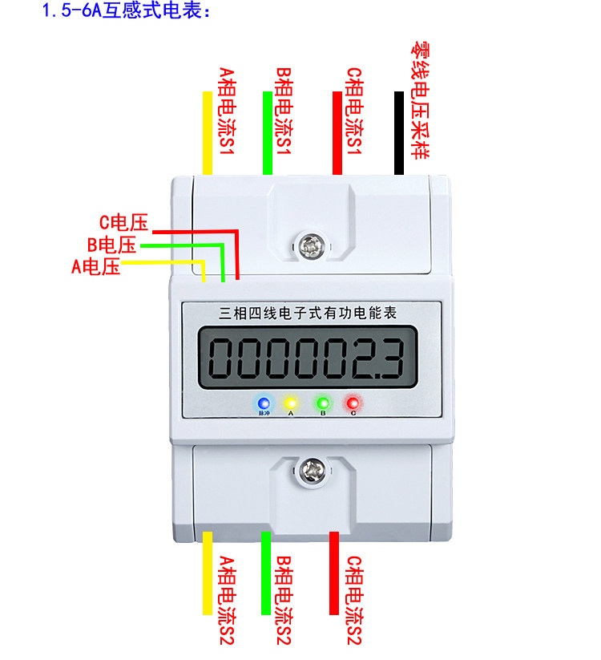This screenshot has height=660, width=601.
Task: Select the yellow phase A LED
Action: click(x=291, y=403)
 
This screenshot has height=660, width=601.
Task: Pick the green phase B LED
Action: click(x=323, y=403)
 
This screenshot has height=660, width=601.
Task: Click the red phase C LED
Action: click(x=353, y=403)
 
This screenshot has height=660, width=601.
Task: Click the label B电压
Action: click(x=111, y=245)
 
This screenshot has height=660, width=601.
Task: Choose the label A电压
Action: click(x=96, y=266)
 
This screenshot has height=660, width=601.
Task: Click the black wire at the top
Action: click(x=398, y=132)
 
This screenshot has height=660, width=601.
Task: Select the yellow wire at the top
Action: click(x=208, y=132)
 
